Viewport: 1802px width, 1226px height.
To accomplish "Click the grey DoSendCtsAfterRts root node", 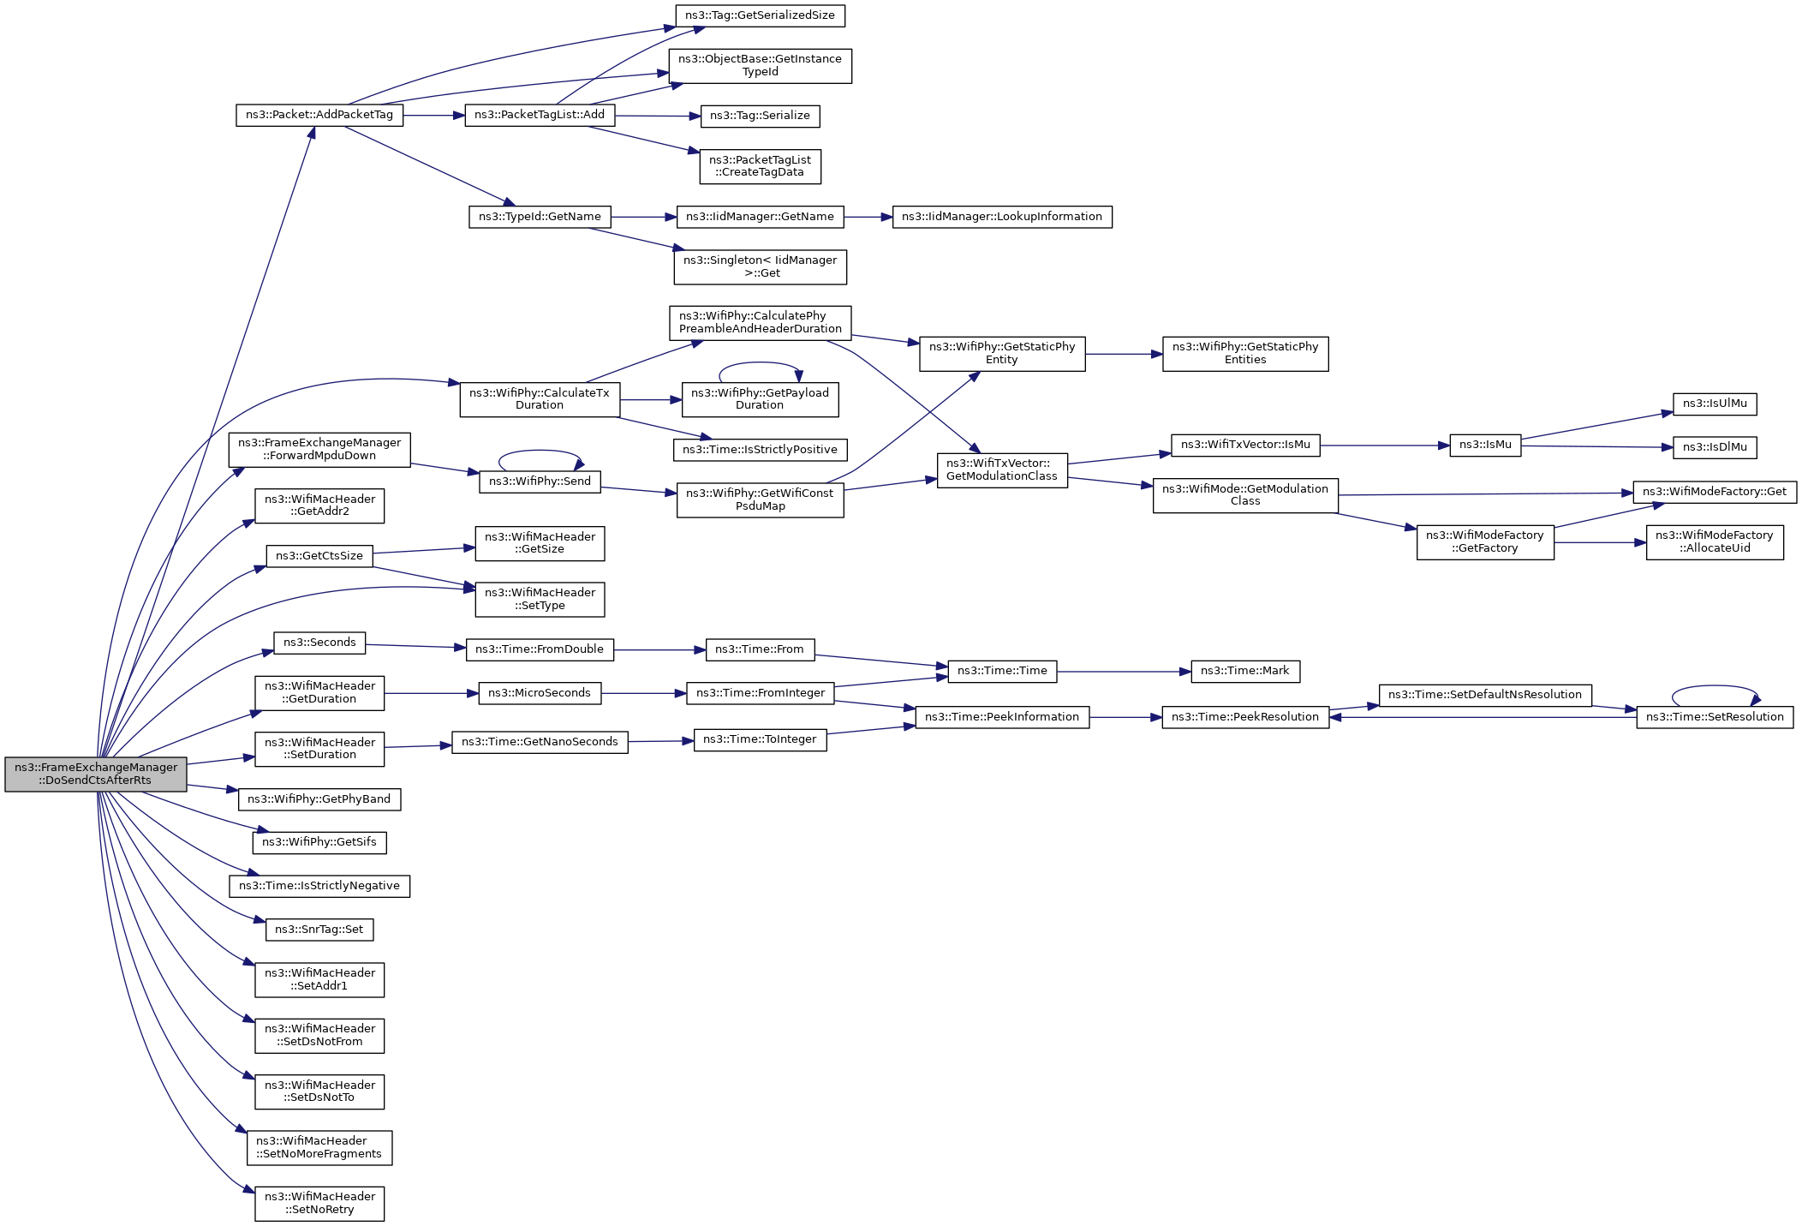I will pos(95,774).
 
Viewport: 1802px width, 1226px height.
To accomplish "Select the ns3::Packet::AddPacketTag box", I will pos(319,115).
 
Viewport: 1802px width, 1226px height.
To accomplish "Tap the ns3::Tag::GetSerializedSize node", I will pos(760,15).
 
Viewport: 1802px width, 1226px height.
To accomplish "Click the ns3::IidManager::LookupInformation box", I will pos(1001,217).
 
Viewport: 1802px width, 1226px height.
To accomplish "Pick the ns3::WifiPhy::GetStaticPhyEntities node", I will pos(1244,353).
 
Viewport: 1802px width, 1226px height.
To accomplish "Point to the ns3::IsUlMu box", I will pos(1714,404).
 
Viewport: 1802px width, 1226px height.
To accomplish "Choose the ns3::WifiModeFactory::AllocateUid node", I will pos(1714,541).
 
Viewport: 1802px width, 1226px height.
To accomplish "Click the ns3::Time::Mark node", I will pos(1244,671).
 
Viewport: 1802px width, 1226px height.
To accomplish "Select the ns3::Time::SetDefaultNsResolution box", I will pos(1484,695).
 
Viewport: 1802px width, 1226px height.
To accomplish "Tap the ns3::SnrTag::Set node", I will pos(319,930).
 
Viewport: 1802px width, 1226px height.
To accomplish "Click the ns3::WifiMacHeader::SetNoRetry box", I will pos(319,1203).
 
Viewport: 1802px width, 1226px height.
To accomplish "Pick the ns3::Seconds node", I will pos(319,643).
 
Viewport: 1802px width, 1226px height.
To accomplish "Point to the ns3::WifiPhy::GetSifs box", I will pos(319,842).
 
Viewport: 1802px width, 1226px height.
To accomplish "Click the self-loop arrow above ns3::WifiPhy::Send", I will pos(540,452).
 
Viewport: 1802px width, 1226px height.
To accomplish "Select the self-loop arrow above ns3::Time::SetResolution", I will pos(1715,687).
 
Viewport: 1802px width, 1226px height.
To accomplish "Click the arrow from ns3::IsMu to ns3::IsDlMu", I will pos(1596,446).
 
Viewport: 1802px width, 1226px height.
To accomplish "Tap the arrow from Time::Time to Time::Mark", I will pos(1124,672).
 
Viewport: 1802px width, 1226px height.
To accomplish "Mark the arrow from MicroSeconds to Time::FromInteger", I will pos(643,693).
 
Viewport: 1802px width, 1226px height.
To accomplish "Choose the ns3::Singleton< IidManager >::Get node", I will pos(760,266).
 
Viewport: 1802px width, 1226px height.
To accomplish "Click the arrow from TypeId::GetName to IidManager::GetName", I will pos(643,217).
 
